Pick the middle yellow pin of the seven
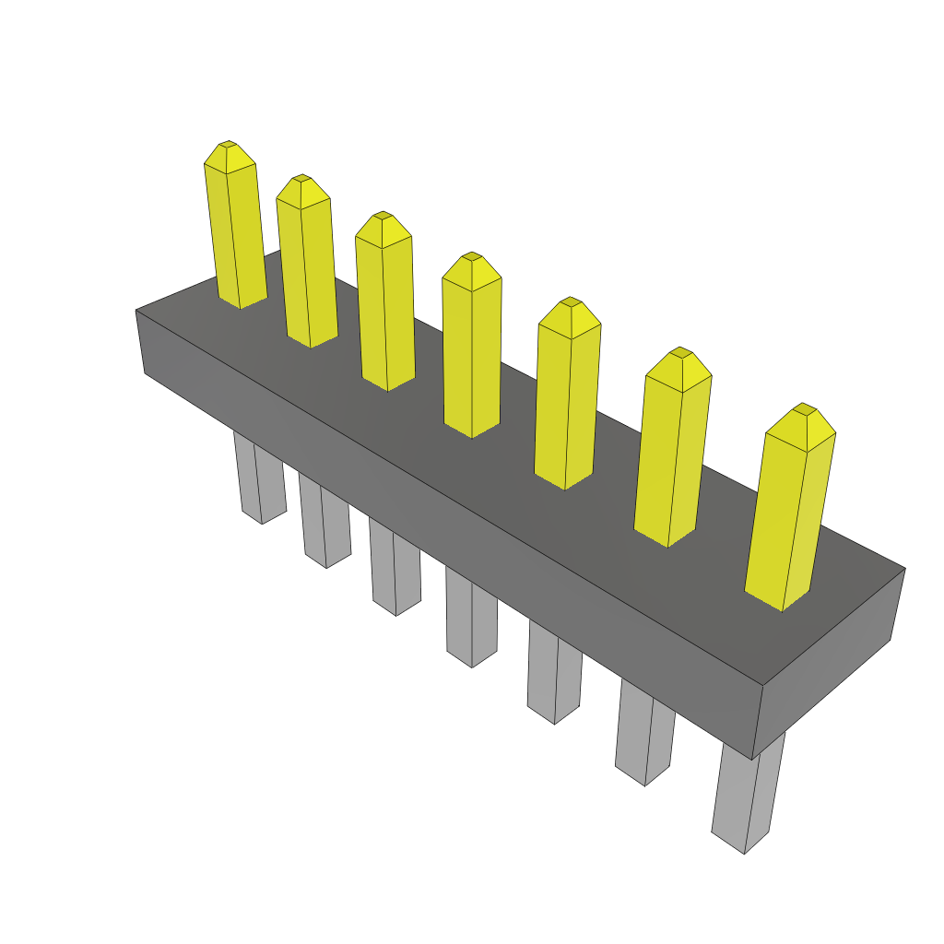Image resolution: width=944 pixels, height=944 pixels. [x=472, y=350]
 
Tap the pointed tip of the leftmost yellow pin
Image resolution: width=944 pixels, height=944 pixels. [x=228, y=145]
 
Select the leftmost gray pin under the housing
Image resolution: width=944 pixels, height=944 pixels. [x=250, y=479]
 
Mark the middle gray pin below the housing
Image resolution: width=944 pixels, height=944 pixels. [x=471, y=618]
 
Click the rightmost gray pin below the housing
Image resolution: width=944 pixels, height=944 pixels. [x=749, y=793]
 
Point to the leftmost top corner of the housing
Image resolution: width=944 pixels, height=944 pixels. [x=136, y=311]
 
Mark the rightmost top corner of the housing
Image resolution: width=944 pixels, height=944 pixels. [x=904, y=568]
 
